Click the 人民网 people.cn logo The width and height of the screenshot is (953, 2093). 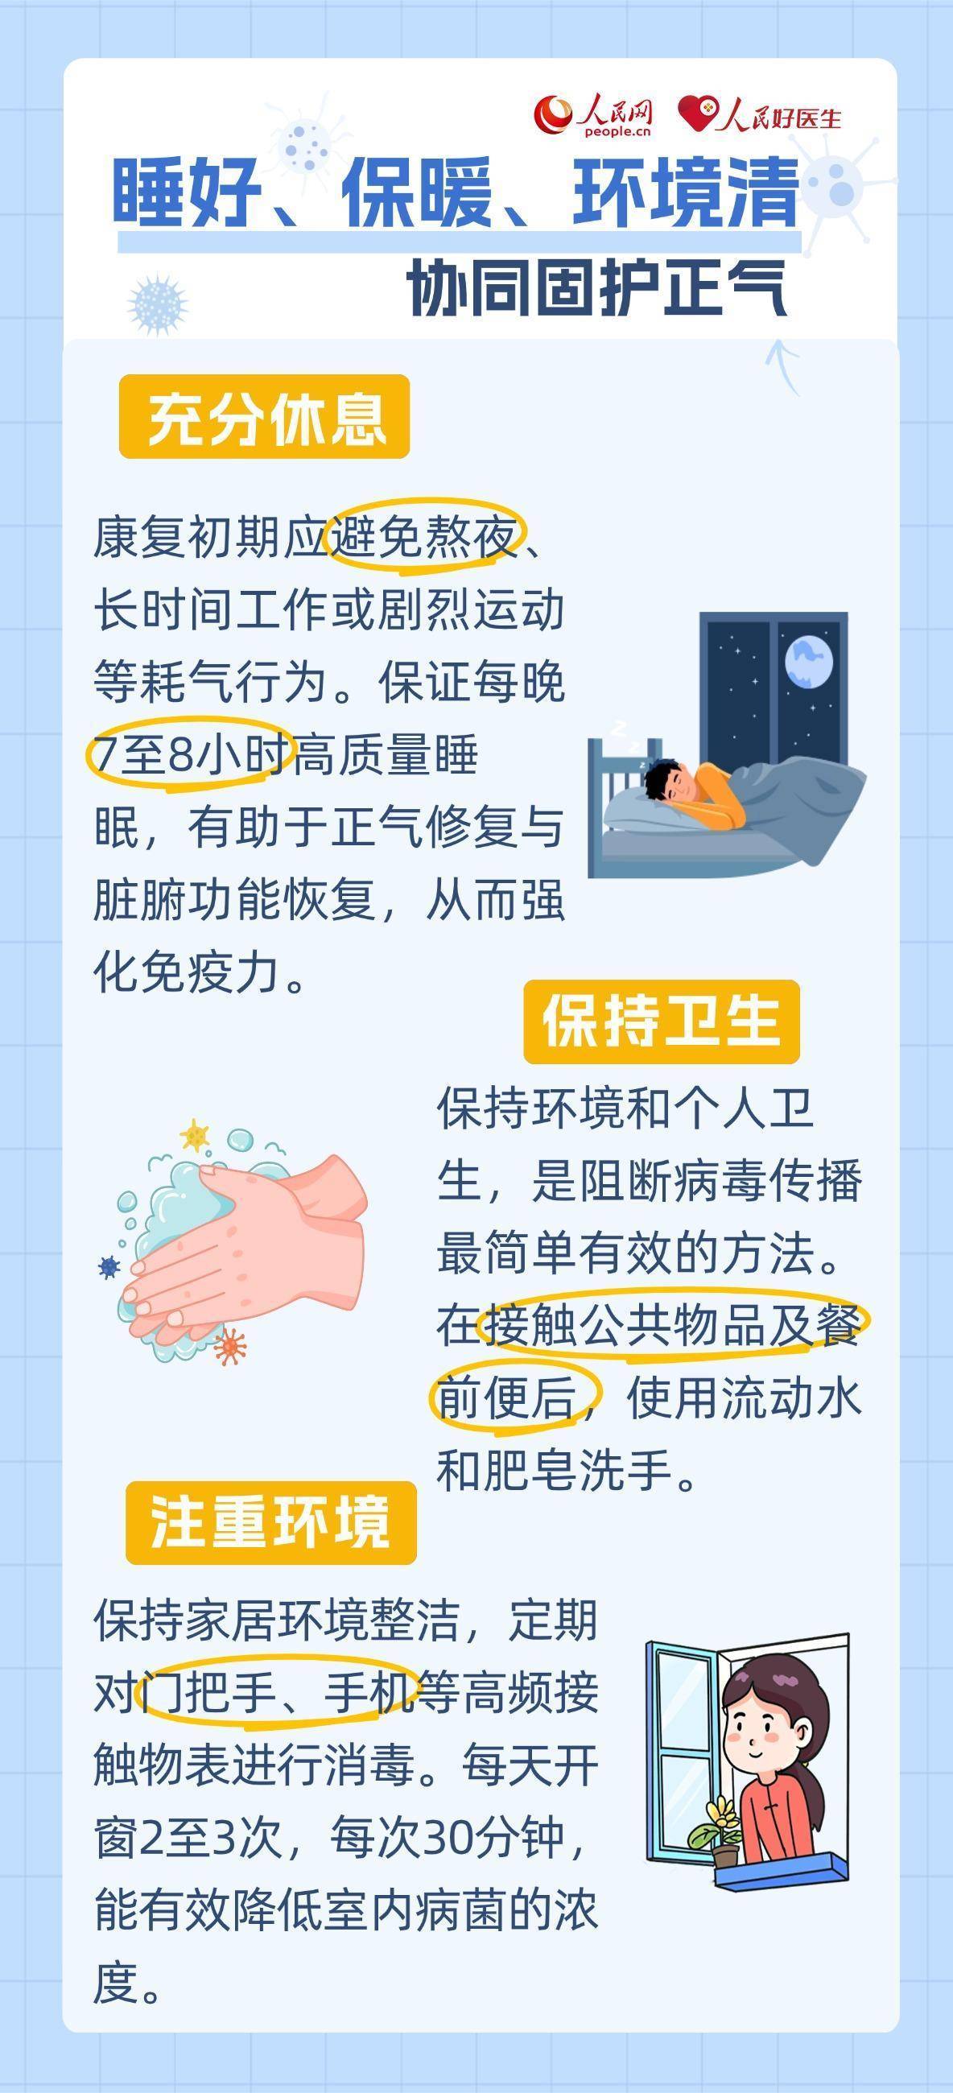coord(594,116)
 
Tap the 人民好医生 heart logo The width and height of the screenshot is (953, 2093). coord(759,114)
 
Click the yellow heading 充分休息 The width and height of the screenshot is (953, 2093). coord(264,417)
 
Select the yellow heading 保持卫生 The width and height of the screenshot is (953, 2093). coord(662,1022)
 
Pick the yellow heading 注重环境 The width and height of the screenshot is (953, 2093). coord(270,1522)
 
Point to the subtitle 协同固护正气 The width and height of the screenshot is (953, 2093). coord(597,288)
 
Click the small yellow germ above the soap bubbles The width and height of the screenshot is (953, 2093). coord(194,1135)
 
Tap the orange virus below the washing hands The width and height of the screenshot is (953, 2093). coord(230,1346)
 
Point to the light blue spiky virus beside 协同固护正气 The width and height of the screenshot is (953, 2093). coord(158,303)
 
